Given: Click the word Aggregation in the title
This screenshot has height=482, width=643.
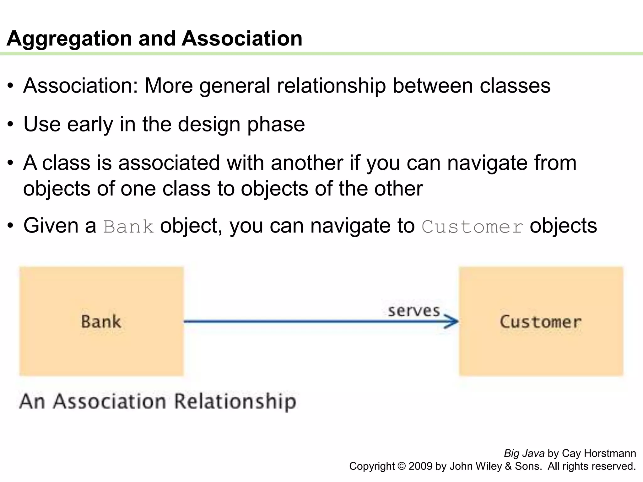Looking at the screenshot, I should click(69, 39).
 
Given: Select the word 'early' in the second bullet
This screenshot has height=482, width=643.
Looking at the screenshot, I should click(90, 125).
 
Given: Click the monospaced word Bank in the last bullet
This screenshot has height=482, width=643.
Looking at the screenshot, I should click(129, 227).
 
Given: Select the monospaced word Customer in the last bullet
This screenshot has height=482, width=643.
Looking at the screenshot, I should click(472, 227).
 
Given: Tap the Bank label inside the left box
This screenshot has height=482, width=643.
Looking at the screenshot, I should click(101, 322).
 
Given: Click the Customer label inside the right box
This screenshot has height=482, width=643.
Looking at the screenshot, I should click(541, 322).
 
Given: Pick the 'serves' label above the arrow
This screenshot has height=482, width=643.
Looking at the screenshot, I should click(414, 311).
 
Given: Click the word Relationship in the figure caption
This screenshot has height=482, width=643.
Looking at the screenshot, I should click(235, 402).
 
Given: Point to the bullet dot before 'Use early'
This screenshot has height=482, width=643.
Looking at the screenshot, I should click(11, 125).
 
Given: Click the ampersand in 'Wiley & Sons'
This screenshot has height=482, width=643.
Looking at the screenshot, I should click(508, 466).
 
